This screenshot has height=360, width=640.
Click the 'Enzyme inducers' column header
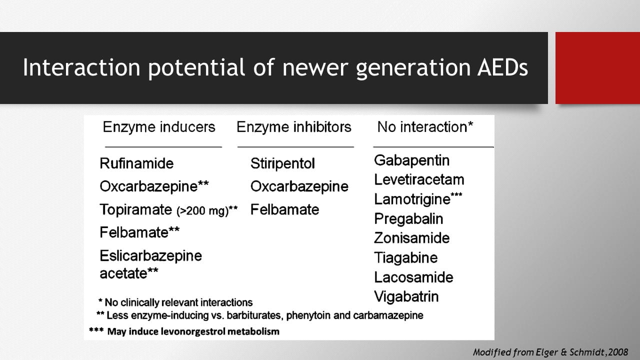pos(159,127)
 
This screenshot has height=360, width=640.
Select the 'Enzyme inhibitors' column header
pos(293,127)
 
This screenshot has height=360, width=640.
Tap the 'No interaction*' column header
pos(425,127)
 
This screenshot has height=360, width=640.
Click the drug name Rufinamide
pos(136,163)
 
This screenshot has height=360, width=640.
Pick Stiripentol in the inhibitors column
pos(282,163)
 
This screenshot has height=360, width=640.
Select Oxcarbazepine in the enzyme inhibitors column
pos(299,186)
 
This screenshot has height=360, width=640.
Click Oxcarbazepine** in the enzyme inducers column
pos(154,186)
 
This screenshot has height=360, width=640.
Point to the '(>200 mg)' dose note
pos(202,211)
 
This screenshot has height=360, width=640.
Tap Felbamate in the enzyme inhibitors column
pos(284,209)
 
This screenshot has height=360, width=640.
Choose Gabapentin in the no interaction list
pos(411,160)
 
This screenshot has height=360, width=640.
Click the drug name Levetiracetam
pos(419,179)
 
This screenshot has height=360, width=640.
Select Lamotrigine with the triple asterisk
pos(418,199)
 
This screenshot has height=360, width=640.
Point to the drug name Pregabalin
pos(408,219)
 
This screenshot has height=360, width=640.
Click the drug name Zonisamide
pos(411,238)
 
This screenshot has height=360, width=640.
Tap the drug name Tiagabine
pos(405,258)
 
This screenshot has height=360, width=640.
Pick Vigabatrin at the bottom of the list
pos(406,296)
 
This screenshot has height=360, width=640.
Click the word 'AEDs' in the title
pos(502,67)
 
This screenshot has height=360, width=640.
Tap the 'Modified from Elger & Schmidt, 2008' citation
pos(550,352)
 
